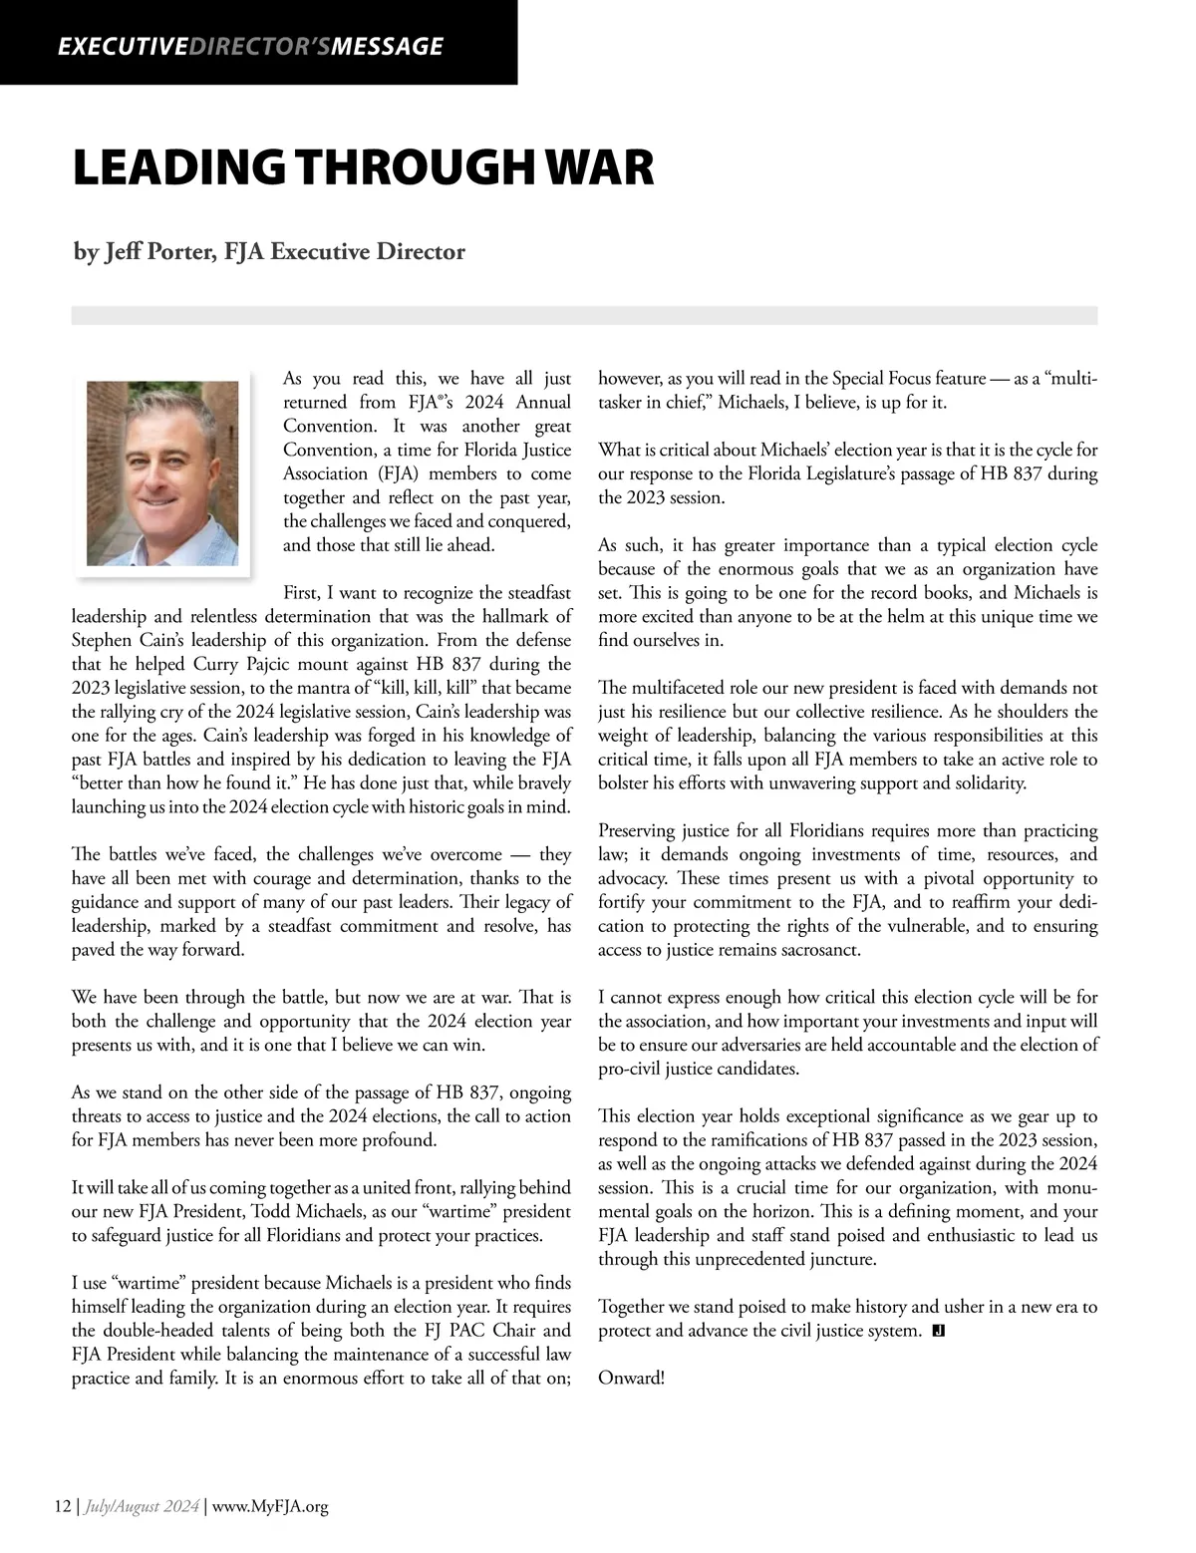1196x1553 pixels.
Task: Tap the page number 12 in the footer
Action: click(x=62, y=1506)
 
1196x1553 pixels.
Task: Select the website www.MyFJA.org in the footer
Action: click(x=270, y=1506)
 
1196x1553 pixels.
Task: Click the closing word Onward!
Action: click(x=631, y=1379)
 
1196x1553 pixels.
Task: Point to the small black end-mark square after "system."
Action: click(x=938, y=1331)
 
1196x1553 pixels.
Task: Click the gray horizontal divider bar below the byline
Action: click(x=584, y=315)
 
